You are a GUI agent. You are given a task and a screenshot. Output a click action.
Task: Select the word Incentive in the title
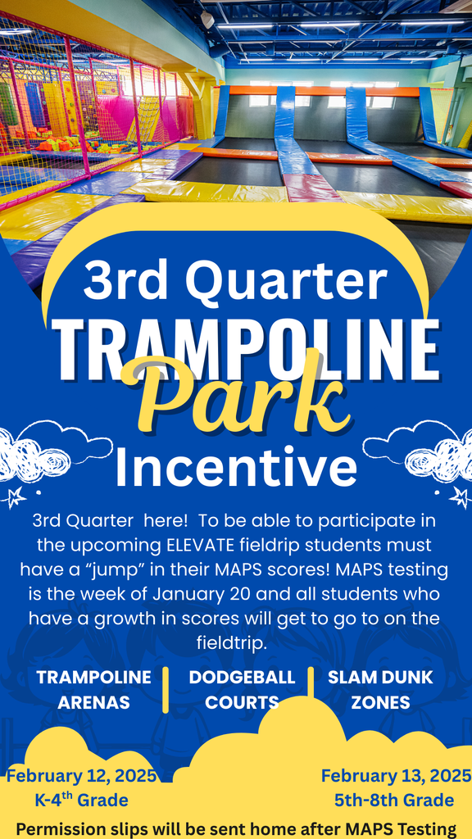[x=236, y=468]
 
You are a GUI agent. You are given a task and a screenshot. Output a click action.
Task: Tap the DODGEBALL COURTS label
[x=242, y=690]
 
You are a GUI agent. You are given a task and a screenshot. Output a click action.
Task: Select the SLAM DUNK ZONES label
[x=380, y=690]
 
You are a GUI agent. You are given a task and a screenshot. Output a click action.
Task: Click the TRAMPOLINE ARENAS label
[x=93, y=690]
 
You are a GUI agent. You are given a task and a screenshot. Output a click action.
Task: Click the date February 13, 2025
[x=396, y=776]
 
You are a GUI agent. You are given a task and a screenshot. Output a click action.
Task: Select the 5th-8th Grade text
[x=393, y=800]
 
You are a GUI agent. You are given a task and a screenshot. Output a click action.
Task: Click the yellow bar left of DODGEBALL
[x=166, y=689]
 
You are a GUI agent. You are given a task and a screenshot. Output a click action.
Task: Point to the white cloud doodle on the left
[x=54, y=450]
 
